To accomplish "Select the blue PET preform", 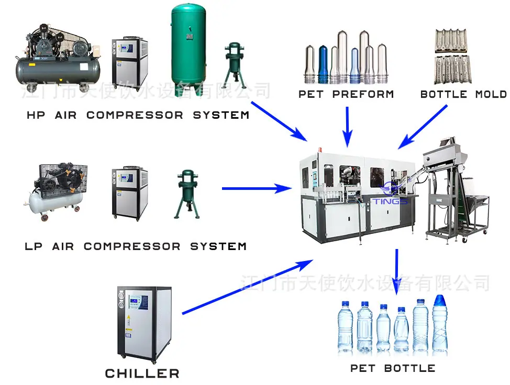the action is click(323, 64).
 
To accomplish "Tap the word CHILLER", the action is click(142, 373).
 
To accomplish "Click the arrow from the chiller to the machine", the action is click(247, 287).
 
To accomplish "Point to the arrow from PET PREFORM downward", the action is click(347, 127).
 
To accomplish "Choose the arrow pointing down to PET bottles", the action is click(396, 272).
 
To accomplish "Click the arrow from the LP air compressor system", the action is click(257, 188).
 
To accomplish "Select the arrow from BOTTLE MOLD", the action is click(423, 127).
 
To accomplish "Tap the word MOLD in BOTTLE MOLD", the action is click(491, 94).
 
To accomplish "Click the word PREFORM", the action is click(363, 94).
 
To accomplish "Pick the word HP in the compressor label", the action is click(36, 115).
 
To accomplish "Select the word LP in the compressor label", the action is click(34, 246).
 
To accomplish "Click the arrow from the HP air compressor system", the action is click(279, 121).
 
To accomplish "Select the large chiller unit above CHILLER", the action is click(144, 324).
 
